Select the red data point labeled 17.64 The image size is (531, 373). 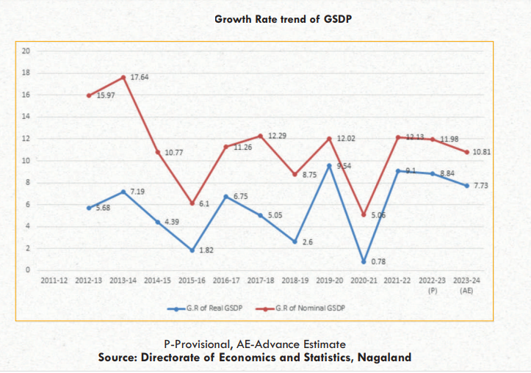[x=123, y=77]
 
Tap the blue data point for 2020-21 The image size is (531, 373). [x=364, y=261]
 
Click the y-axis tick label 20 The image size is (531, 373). [x=26, y=51]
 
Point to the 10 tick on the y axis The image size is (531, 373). [x=26, y=161]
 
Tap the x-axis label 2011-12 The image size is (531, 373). [x=55, y=281]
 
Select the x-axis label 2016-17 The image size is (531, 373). [x=227, y=281]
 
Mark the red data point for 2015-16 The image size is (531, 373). [x=192, y=203]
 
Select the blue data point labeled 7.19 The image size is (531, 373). [x=123, y=192]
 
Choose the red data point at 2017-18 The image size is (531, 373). [x=261, y=136]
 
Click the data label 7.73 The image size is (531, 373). [x=480, y=186]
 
